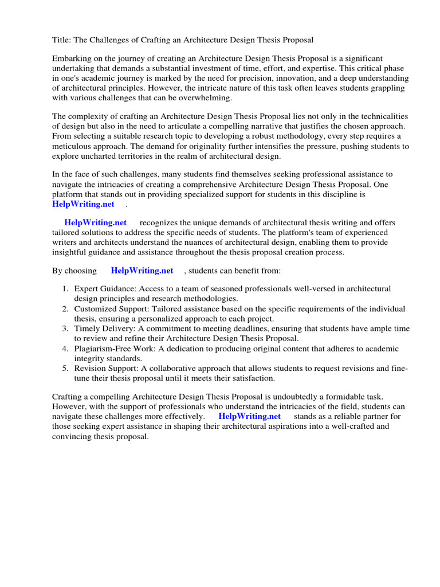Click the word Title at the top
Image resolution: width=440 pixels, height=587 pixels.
(x=61, y=40)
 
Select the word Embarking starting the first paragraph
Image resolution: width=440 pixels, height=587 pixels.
(x=73, y=59)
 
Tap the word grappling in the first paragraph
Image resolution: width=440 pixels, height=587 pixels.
(x=387, y=88)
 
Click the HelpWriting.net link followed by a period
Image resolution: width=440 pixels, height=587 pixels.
(x=83, y=204)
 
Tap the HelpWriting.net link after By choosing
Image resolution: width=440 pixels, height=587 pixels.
(x=142, y=271)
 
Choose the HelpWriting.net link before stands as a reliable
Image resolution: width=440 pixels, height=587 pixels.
(x=249, y=416)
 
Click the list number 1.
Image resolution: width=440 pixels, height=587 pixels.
(x=65, y=289)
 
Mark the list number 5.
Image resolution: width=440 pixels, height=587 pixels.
(x=65, y=369)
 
